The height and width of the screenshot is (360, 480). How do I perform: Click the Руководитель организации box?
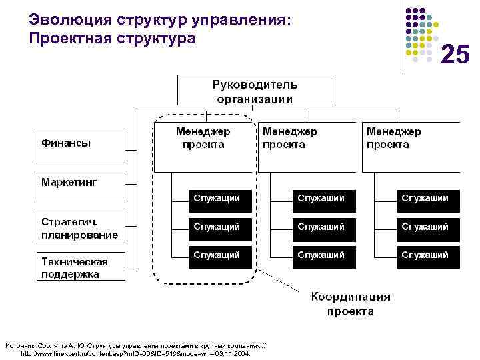[255, 91]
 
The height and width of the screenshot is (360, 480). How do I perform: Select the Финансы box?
[80, 147]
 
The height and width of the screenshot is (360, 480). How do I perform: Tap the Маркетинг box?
[80, 187]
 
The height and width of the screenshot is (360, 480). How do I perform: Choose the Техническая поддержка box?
[80, 266]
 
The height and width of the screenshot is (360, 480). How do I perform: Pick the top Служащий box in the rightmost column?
[428, 199]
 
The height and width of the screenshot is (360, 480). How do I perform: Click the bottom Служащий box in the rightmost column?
[428, 256]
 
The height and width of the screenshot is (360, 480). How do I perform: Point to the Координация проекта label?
[350, 304]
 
